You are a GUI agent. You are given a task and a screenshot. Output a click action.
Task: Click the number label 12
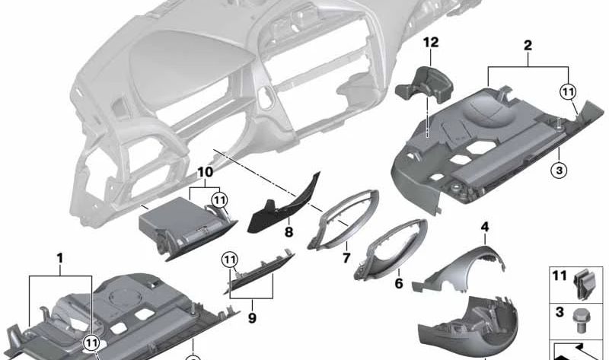click(432, 43)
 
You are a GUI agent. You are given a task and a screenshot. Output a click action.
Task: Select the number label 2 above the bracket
click(527, 46)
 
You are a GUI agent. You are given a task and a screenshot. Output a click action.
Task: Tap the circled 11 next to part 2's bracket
click(567, 92)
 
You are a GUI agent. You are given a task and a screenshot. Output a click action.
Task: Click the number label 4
click(484, 226)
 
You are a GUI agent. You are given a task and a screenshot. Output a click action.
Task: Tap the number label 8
click(289, 231)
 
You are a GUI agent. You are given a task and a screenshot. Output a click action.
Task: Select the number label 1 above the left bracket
click(59, 259)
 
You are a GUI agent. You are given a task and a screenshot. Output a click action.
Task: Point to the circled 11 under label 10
click(219, 200)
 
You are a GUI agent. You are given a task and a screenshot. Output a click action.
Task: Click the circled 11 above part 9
click(230, 260)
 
